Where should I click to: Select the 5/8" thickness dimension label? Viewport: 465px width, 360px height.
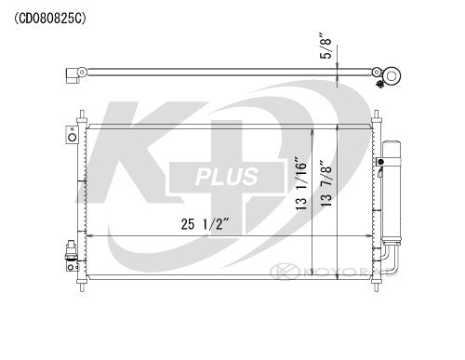click(x=325, y=47)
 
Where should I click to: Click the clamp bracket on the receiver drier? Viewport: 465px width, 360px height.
click(x=381, y=164)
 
